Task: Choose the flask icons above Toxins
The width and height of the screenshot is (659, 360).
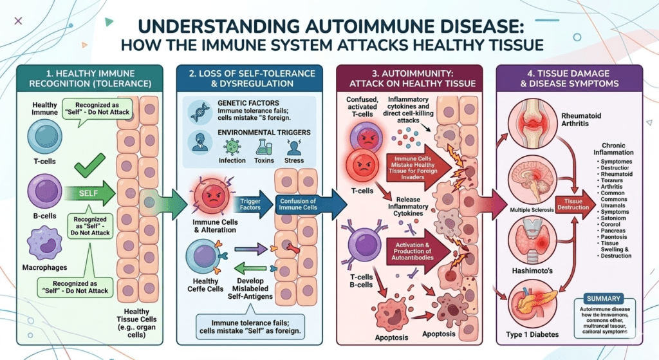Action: (x=263, y=147)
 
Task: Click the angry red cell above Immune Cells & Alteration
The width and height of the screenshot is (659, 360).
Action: (x=210, y=196)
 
